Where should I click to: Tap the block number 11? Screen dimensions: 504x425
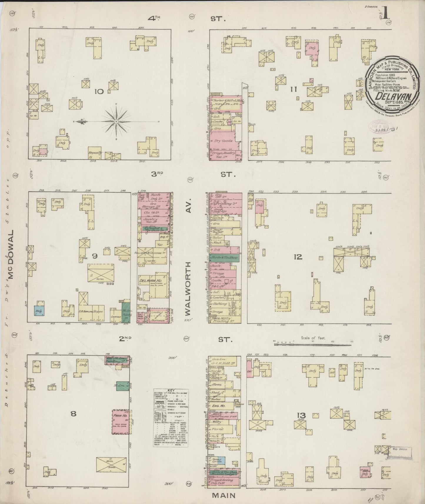293,89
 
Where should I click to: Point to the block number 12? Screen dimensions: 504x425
298,257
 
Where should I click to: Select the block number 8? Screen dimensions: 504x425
73,414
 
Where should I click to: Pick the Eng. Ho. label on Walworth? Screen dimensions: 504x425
218,406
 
